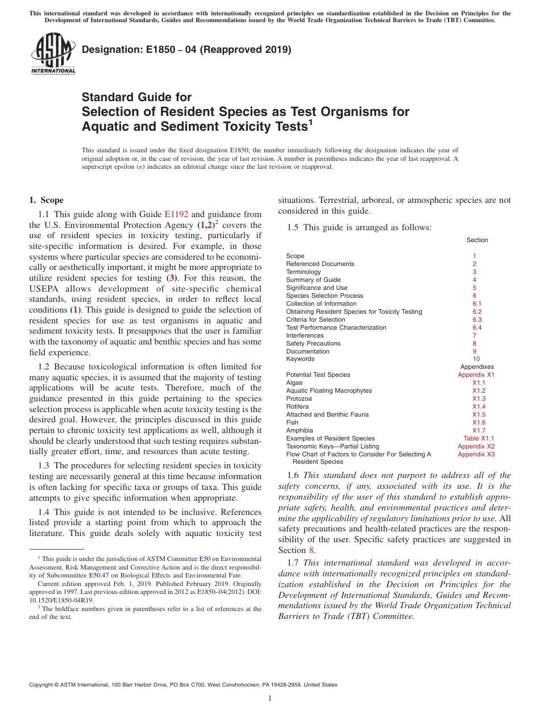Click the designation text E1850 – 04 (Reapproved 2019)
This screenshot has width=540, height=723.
click(186, 50)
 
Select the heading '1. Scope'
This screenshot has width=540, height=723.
click(46, 200)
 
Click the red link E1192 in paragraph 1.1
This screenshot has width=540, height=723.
click(176, 214)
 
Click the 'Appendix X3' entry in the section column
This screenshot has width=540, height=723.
click(476, 454)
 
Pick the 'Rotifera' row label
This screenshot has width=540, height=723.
click(297, 406)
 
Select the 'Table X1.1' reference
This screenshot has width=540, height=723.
click(478, 438)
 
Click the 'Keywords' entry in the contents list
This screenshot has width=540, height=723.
click(300, 359)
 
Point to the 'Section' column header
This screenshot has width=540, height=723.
click(477, 240)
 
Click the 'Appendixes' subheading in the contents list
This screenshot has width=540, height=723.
click(476, 367)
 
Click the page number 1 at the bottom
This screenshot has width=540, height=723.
click(270, 699)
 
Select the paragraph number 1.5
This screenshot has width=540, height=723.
click(293, 227)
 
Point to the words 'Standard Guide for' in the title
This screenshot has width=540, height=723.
click(137, 97)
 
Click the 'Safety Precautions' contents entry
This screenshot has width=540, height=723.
click(313, 343)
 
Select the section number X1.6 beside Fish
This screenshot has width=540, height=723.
click(479, 422)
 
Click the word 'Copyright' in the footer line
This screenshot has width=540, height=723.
click(43, 685)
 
